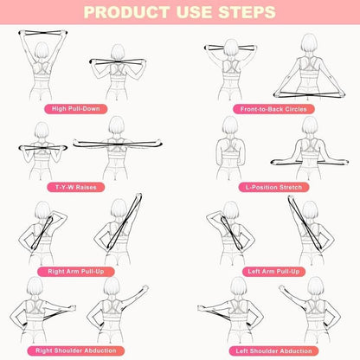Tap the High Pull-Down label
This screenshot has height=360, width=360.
point(90,110)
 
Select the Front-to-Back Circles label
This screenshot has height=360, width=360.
point(270,110)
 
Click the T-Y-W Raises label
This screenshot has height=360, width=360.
point(90,187)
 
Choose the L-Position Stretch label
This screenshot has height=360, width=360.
point(270,187)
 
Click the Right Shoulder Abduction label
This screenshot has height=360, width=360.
point(90,350)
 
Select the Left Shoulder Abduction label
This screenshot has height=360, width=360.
point(270,350)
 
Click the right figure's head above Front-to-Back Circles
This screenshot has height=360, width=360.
point(307,43)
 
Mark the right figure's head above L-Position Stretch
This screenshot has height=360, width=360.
point(309,126)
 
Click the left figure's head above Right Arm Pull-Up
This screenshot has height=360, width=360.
point(41,210)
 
